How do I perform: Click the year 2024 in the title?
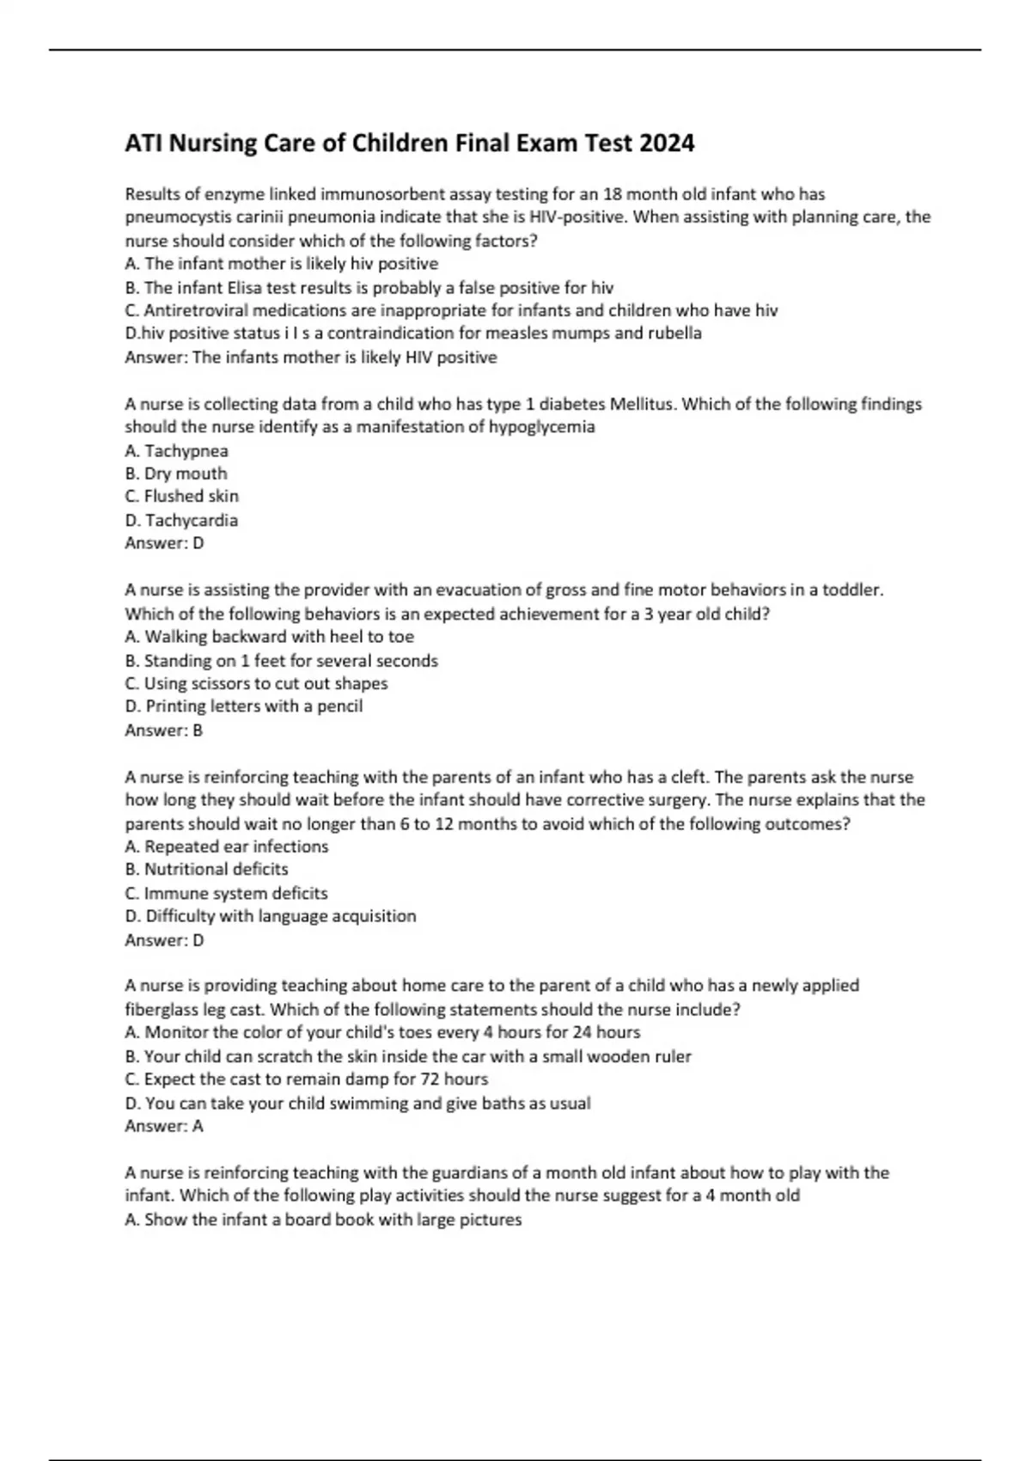(666, 143)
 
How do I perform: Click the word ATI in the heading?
(143, 143)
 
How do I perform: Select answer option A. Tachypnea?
(176, 450)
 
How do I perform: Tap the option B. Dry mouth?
(175, 474)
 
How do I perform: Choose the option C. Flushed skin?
(181, 497)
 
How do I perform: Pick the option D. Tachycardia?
(181, 520)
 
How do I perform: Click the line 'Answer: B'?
(163, 730)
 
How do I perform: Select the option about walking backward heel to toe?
(269, 637)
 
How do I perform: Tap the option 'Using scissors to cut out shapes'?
(256, 683)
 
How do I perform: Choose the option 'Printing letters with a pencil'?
(243, 706)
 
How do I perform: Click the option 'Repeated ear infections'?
(226, 847)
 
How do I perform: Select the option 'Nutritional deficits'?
(206, 870)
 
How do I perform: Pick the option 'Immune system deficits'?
(226, 893)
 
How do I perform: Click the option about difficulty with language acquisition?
(270, 916)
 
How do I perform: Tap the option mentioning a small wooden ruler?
(407, 1056)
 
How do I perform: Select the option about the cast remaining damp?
(306, 1079)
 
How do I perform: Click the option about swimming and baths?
(357, 1103)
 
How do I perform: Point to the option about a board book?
(323, 1220)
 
